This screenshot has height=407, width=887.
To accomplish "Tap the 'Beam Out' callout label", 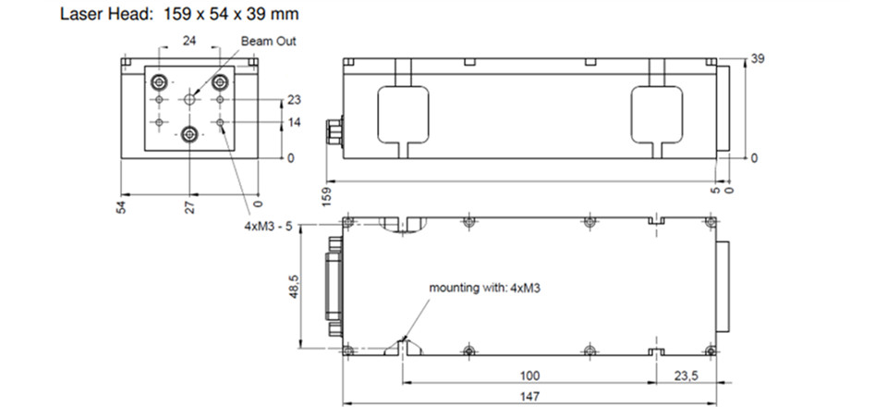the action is [268, 42].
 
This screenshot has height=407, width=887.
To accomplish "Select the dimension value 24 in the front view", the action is [189, 40].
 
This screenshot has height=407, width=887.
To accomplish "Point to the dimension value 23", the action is [294, 100].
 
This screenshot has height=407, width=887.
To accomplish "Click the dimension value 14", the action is [294, 122].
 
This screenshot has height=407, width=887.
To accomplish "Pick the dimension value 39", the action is [758, 58].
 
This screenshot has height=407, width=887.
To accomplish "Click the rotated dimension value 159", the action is [327, 196].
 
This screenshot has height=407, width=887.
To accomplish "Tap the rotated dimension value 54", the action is [121, 206].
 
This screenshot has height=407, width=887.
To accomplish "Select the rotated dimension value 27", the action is [190, 206].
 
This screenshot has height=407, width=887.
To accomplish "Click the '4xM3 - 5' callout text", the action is [269, 227].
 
